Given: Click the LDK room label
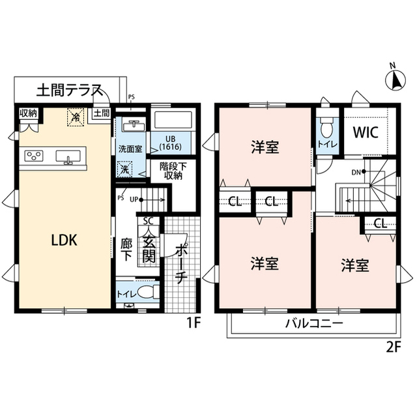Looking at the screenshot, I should tap(65, 240).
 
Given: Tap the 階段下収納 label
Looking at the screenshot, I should tap(173, 170).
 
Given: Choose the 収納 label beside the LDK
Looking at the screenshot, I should tap(28, 114).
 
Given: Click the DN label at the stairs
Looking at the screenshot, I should tap(356, 172).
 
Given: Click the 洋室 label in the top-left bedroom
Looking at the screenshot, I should tap(265, 147).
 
